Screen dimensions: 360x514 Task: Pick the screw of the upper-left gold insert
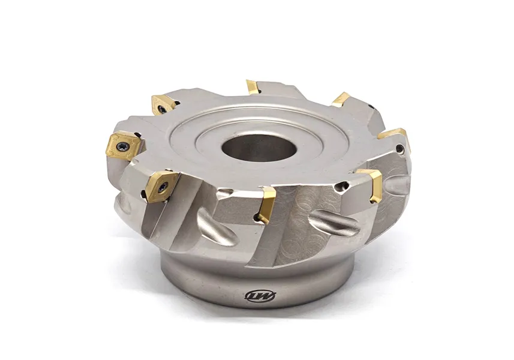162,109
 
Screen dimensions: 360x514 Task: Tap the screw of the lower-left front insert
148,193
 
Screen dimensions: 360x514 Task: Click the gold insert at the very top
253,87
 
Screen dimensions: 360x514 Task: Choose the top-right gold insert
341,99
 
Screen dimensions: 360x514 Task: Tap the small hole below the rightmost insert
399,148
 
